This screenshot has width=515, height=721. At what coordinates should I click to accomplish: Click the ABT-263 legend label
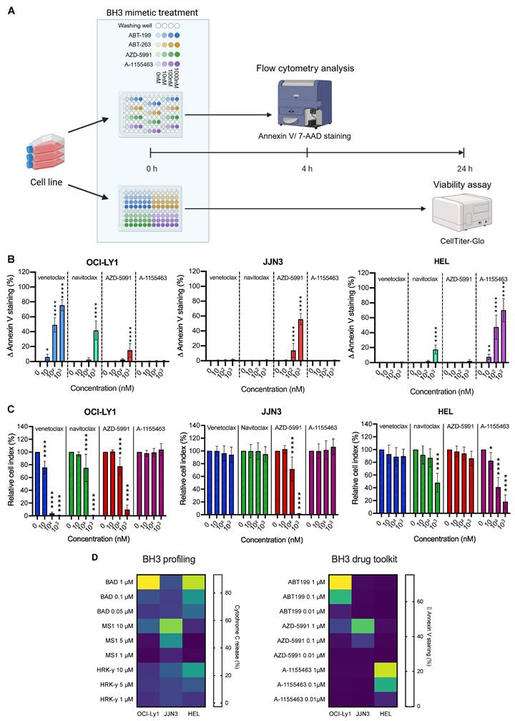135,44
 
